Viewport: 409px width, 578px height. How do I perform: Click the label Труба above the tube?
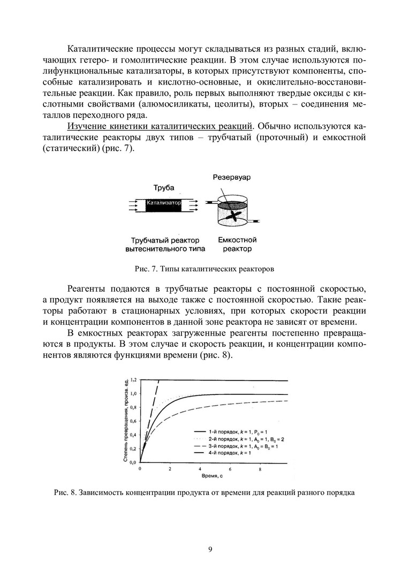pos(164,188)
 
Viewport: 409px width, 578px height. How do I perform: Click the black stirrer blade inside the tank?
pos(234,216)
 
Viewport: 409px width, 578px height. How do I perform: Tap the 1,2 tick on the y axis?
pos(133,379)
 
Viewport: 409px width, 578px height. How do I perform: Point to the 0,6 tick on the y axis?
pos(133,421)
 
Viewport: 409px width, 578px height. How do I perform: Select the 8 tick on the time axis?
pos(260,468)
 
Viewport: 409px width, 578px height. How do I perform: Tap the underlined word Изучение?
pos(86,126)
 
